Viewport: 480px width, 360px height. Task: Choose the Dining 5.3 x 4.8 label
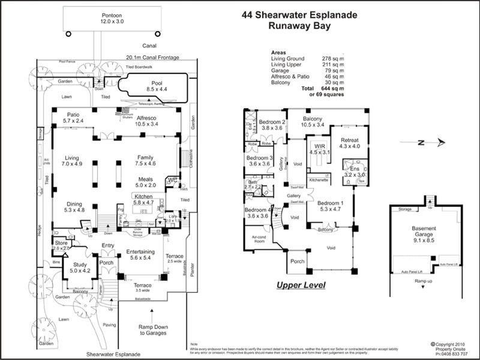pos(80,207)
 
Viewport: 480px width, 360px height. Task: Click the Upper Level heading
pos(301,286)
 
